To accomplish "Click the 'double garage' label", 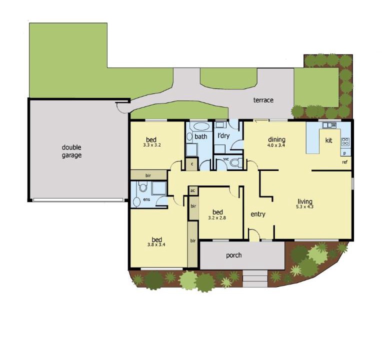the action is click(x=71, y=151).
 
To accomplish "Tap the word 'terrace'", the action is click(x=263, y=100).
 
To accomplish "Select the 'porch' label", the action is click(x=234, y=255).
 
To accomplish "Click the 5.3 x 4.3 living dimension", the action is click(x=305, y=207).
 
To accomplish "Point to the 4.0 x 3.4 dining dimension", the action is click(x=276, y=145).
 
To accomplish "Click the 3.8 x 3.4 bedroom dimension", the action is click(x=156, y=244).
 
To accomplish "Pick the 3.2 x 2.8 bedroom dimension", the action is click(x=217, y=218).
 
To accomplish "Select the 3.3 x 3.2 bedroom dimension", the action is click(x=152, y=145).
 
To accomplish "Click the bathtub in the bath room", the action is click(x=201, y=127).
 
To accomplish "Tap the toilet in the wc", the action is click(x=235, y=162).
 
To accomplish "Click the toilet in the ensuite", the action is click(x=143, y=187).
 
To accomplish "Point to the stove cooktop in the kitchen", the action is click(x=345, y=141).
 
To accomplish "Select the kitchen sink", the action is click(x=329, y=125).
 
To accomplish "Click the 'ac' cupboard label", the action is click(x=192, y=190).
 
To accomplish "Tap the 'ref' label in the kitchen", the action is click(x=344, y=162).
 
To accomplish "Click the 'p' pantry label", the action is click(x=344, y=153).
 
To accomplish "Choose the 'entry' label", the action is click(x=258, y=214).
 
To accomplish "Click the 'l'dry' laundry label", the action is click(x=223, y=136).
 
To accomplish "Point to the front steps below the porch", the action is click(x=255, y=278).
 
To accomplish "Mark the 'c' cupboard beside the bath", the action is click(x=191, y=164).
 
